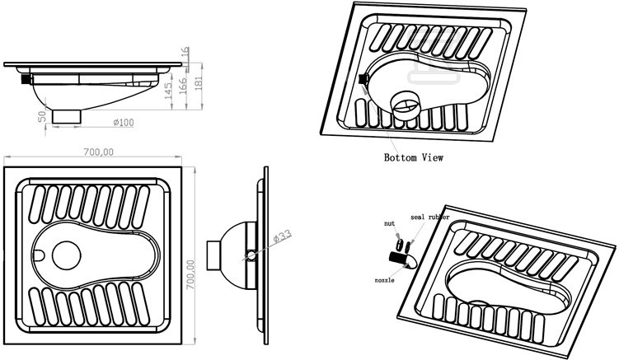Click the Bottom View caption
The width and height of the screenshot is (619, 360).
[x=413, y=157]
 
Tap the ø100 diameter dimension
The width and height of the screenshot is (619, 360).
[x=124, y=123]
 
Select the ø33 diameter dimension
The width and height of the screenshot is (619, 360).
[x=282, y=236]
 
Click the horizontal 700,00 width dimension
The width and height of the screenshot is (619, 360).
[x=98, y=152]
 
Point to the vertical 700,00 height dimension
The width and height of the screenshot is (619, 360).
[x=190, y=274]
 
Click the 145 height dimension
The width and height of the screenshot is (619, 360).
[x=168, y=91]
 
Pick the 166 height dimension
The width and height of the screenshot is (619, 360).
[x=183, y=86]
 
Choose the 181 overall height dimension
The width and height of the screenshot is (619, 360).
[x=199, y=83]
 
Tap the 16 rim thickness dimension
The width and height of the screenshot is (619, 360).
[x=185, y=52]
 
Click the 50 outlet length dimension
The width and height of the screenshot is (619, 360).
[x=42, y=117]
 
